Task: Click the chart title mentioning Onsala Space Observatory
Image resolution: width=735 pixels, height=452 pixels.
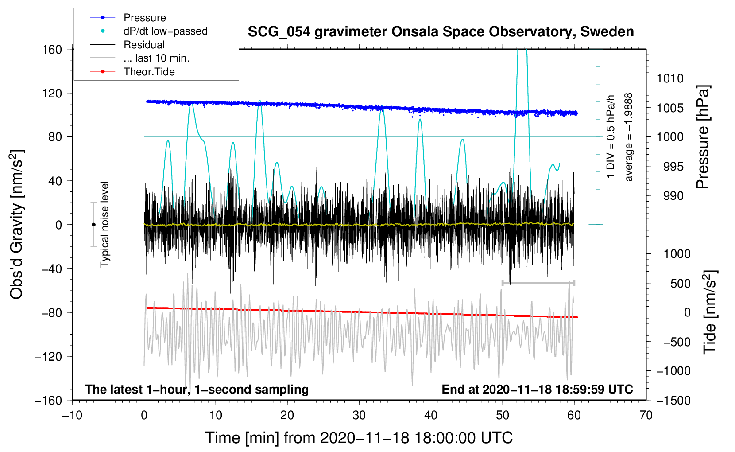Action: point(441,32)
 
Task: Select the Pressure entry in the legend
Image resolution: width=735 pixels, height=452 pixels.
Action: point(144,18)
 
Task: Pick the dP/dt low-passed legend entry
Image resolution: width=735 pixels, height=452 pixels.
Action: point(165,31)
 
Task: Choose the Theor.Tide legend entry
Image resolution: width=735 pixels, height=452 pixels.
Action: point(149,72)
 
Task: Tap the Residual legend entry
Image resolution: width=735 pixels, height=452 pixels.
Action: point(144,45)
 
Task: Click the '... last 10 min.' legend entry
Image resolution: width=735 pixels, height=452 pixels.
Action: point(156,58)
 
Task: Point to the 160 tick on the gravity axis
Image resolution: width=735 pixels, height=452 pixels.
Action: point(52,49)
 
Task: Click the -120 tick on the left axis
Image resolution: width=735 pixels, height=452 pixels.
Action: point(48,356)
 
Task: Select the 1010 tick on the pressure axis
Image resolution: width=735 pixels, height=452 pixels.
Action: point(670,78)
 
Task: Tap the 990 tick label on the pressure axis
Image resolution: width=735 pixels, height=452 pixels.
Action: point(673,196)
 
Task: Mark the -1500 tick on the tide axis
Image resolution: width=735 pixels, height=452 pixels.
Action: point(673,400)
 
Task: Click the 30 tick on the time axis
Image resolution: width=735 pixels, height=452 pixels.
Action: point(359,415)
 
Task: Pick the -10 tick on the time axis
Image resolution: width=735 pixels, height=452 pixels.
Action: point(72,415)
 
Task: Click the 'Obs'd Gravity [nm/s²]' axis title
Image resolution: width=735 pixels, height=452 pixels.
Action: point(17,224)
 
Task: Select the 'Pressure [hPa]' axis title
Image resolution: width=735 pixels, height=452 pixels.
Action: point(702,137)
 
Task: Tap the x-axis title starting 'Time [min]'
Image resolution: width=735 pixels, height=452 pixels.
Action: point(359,438)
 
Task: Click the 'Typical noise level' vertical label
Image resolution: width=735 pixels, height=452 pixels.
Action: point(104,224)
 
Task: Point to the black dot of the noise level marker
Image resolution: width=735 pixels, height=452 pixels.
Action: point(93,225)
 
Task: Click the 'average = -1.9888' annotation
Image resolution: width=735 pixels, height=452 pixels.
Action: point(629,137)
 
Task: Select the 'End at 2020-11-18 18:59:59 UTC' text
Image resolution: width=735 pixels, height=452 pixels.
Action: point(537,389)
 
